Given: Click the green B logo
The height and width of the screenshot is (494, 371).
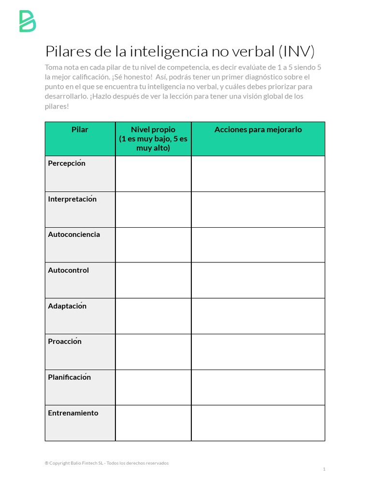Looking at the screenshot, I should [x=28, y=21].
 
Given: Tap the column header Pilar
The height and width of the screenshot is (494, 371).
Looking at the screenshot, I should [x=80, y=129].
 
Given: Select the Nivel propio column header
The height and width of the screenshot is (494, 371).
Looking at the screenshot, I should [x=153, y=138].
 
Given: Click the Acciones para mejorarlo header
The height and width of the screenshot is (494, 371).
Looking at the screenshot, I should [x=258, y=129].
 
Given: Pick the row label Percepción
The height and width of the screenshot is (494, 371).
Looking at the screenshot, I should [x=67, y=163].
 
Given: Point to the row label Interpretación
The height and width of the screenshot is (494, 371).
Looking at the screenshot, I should [x=72, y=199].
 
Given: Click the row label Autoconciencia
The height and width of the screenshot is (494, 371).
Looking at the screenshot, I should [x=74, y=234].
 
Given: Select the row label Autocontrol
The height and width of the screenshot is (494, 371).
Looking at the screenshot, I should [x=68, y=270].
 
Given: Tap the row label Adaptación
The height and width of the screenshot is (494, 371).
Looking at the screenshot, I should [x=67, y=306].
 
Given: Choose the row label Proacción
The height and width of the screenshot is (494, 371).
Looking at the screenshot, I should [x=65, y=342].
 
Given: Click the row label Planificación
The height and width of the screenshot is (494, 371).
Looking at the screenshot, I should [x=69, y=377].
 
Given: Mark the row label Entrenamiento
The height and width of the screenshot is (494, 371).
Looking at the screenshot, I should [x=73, y=413].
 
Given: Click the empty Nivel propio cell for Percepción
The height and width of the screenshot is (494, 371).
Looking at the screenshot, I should [x=153, y=174].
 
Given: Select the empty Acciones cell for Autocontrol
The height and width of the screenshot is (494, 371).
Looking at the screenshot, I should [x=258, y=280].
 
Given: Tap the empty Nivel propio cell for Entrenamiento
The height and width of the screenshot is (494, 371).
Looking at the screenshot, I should [x=153, y=423].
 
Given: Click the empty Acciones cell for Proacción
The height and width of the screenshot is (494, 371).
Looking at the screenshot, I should [x=258, y=352].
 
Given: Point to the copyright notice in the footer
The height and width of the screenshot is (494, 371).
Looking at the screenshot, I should [x=107, y=463].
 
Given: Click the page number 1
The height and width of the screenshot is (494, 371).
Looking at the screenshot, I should [x=324, y=469].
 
